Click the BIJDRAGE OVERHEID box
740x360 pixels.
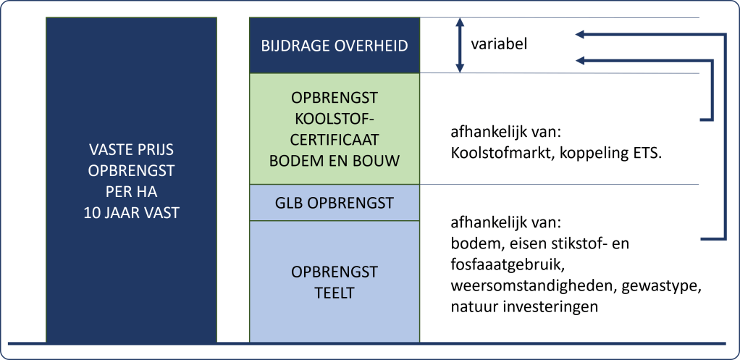(x=334, y=46)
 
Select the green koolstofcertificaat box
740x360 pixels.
(x=334, y=129)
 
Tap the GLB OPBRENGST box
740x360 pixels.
(x=334, y=202)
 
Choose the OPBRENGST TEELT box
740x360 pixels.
(x=334, y=282)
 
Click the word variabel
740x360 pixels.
(x=499, y=44)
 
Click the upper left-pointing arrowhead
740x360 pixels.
(x=581, y=34)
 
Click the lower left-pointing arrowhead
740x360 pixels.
(x=581, y=60)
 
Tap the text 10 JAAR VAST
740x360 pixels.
(x=132, y=213)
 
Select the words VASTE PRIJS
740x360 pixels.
(x=132, y=151)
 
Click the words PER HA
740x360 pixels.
(x=132, y=192)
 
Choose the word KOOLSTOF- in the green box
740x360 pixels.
(x=334, y=119)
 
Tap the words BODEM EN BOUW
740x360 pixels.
(x=334, y=160)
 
